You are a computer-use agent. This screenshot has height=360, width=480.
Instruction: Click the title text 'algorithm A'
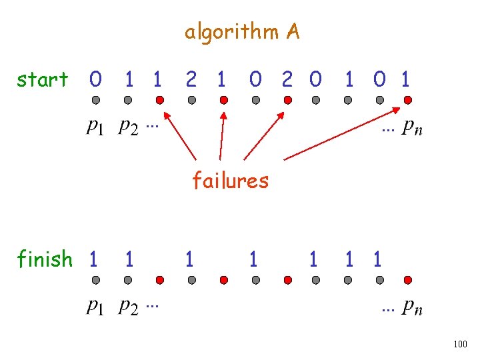coord(242,32)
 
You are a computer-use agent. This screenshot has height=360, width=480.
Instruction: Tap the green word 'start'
coord(43,80)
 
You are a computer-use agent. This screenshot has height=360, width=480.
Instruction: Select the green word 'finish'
coord(45,259)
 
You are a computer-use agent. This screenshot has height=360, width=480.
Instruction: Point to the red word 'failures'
coord(230,180)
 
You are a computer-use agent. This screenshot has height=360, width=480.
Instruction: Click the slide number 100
coord(459,344)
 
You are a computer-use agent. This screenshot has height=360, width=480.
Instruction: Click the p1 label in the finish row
coord(96,307)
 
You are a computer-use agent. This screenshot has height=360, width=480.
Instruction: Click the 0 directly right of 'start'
coord(96,80)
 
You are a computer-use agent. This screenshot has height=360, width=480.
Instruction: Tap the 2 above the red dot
coord(287,80)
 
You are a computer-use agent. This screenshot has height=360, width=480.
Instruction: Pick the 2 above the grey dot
coord(191,80)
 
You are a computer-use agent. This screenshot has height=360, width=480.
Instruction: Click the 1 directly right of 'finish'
coord(94,259)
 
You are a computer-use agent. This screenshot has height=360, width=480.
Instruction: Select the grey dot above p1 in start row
coord(96,101)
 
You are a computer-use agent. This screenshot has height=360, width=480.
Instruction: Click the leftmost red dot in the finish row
coord(160,280)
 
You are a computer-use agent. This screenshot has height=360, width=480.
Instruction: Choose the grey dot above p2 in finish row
coord(128,280)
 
